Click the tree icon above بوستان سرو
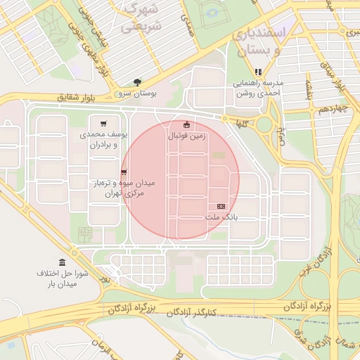137,82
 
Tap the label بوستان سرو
139,93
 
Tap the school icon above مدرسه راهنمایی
258,71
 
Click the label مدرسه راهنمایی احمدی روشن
258,88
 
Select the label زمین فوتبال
186,136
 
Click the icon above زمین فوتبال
186,125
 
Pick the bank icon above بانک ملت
221,207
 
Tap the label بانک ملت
221,217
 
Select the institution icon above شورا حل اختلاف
63,262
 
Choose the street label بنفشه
307,89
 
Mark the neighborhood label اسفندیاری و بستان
259,41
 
